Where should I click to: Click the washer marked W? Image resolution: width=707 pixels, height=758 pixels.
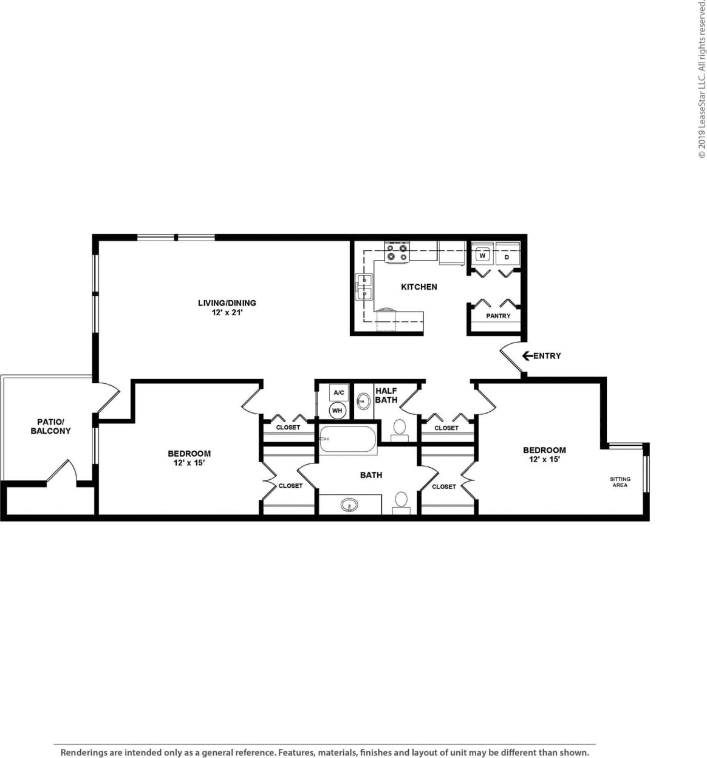[482, 256]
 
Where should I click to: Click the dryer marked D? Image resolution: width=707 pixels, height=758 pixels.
[507, 256]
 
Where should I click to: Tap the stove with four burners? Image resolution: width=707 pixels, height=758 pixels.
[397, 252]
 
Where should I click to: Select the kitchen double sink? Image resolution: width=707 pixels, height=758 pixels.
[364, 287]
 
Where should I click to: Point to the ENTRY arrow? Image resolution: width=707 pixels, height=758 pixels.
[527, 356]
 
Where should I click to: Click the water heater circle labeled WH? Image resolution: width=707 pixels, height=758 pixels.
[337, 411]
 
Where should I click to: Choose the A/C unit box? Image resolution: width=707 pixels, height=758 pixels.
[338, 392]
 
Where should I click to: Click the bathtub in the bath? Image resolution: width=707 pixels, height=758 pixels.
[347, 439]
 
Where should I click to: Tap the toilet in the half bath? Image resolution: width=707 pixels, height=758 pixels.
[400, 428]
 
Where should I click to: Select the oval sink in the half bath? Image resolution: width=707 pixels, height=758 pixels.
[364, 401]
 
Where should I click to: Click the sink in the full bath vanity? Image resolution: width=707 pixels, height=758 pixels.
[349, 505]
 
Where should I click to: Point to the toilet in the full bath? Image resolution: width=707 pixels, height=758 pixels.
[401, 502]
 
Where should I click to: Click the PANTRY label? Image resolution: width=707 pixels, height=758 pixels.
[498, 316]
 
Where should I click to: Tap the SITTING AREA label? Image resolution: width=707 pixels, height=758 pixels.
[620, 482]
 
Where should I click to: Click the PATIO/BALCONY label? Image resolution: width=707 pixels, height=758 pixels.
[51, 426]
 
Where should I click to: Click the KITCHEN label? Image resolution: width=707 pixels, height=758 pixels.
[419, 287]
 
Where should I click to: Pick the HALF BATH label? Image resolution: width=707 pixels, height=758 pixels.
[386, 395]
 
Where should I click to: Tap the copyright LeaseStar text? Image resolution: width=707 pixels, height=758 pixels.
[702, 79]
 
